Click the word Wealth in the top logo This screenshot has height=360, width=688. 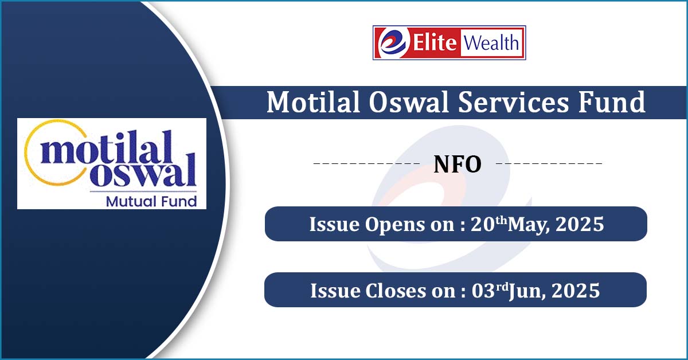[x=491, y=42]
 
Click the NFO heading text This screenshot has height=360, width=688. [x=457, y=165]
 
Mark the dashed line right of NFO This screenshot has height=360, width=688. [x=548, y=165]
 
